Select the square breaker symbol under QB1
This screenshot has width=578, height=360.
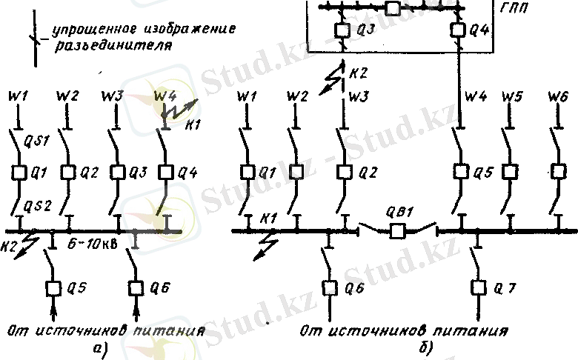[399, 231]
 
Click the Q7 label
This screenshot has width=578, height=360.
[505, 286]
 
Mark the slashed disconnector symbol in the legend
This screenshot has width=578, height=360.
[33, 37]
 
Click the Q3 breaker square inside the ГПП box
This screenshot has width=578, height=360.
[342, 31]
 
